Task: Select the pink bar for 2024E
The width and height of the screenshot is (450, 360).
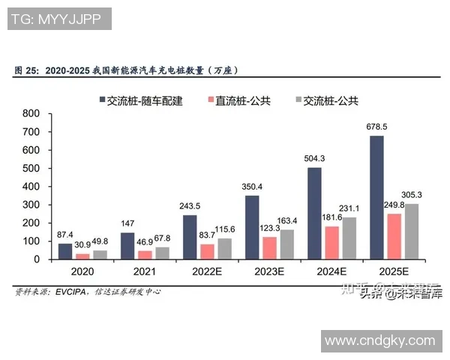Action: coord(332,242)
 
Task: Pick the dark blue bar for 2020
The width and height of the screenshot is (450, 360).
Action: coord(65,251)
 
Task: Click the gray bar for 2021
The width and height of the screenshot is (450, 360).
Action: coord(163,253)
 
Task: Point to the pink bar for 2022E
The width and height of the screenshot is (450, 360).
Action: coord(206,251)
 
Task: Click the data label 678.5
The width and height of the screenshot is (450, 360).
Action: coord(376,126)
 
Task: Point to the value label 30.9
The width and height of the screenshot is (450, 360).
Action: coord(82,244)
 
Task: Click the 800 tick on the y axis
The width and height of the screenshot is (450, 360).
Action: coord(31,113)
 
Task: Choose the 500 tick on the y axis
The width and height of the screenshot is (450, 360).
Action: coord(31,168)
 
